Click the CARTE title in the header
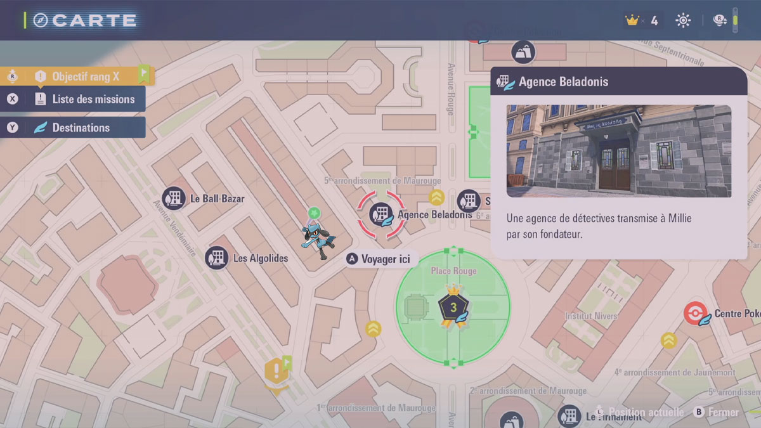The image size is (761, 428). [94, 20]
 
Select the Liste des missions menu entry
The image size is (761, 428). [93, 99]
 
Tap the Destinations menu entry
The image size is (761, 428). [81, 127]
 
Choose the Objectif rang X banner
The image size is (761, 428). [85, 77]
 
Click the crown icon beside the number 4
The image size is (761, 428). [632, 20]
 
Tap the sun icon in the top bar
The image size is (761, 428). [683, 20]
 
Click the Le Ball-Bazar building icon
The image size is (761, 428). [174, 198]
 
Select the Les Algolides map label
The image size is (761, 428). [260, 258]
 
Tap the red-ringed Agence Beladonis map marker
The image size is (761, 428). [380, 214]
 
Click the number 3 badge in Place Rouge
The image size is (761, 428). [453, 308]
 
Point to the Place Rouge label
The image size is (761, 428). [453, 271]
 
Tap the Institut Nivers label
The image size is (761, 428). [591, 316]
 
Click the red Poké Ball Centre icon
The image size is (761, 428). [695, 314]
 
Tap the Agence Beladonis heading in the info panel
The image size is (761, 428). [563, 82]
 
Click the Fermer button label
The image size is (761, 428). [723, 412]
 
